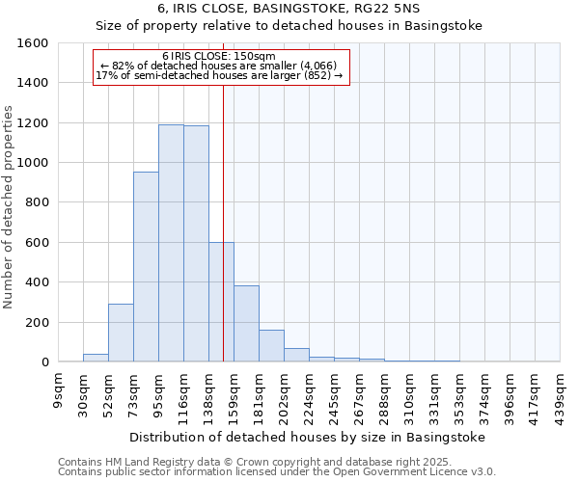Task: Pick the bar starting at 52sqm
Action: pyautogui.click(x=121, y=333)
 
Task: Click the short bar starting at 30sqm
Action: pyautogui.click(x=96, y=358)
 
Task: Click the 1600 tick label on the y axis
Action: pyautogui.click(x=32, y=43)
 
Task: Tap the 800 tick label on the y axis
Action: pyautogui.click(x=36, y=202)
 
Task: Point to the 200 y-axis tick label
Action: pyautogui.click(x=36, y=322)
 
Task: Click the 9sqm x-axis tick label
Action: pyautogui.click(x=58, y=389)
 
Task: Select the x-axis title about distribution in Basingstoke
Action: pyautogui.click(x=307, y=437)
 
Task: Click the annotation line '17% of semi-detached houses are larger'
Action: pyautogui.click(x=219, y=75)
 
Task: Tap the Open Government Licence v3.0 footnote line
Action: pyautogui.click(x=277, y=472)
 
